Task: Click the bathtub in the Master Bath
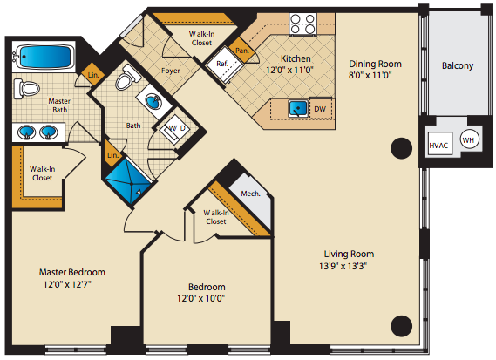coord(44,57)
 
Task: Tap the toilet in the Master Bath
coord(26,89)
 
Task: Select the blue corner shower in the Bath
coord(128,182)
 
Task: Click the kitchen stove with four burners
coord(302,24)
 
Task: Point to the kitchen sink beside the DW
coord(298,108)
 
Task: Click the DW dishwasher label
coord(320,109)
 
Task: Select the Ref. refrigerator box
coord(225,65)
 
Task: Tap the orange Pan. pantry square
coord(242,51)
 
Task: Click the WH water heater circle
coord(470,139)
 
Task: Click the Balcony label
coord(458,65)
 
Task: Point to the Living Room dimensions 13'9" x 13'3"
coord(343,266)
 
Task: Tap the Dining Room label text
coord(375,64)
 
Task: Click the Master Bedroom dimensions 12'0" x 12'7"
coord(67,284)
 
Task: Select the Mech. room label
coord(250,194)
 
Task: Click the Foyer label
coord(171,71)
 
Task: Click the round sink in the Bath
coord(153,101)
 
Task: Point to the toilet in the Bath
coord(128,77)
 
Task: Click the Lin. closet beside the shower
coord(113,153)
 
